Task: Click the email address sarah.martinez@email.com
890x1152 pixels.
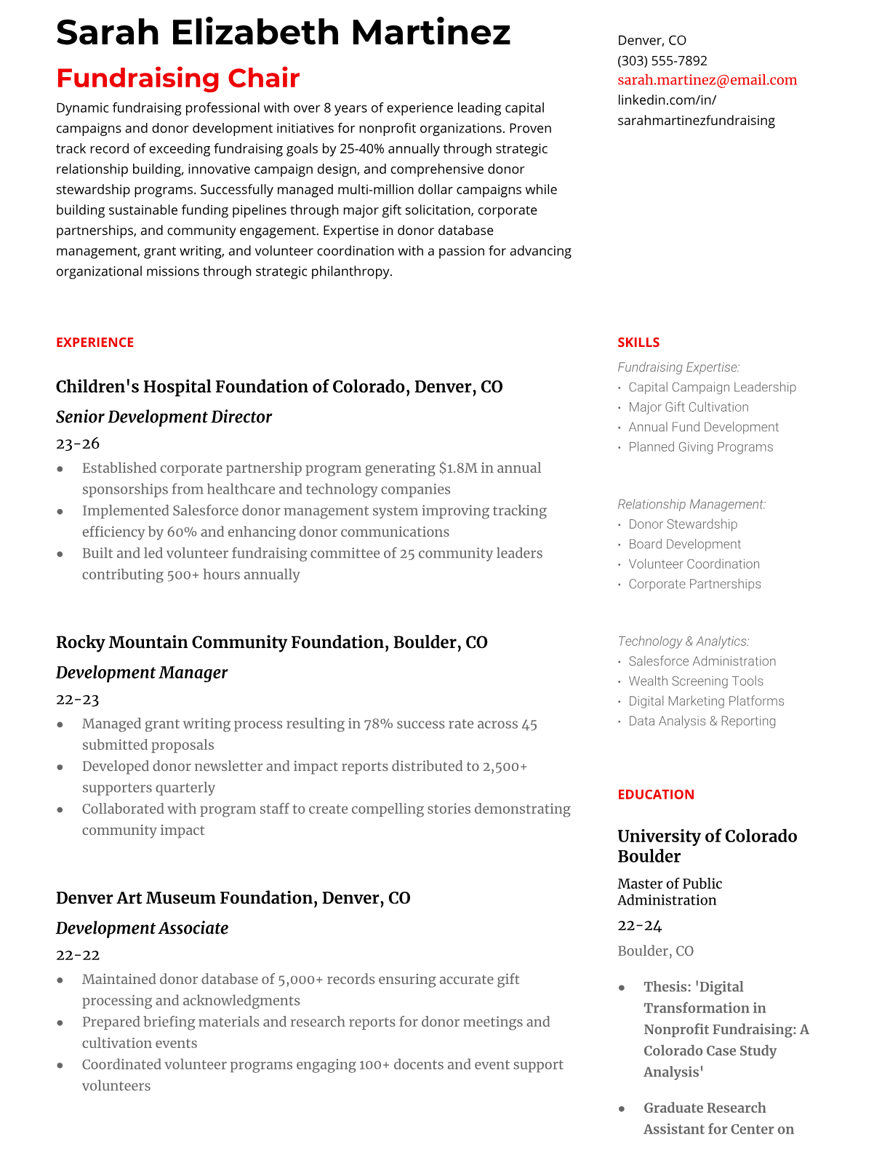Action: click(707, 80)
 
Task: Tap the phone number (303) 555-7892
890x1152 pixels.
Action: click(662, 60)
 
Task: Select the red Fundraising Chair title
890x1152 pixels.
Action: click(177, 78)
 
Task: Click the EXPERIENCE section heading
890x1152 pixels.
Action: click(95, 343)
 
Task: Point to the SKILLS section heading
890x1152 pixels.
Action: click(638, 343)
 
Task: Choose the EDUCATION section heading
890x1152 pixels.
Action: click(655, 795)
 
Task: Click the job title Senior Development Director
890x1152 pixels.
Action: click(164, 417)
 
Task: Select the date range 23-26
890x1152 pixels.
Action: click(78, 444)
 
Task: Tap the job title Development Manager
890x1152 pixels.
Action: click(142, 673)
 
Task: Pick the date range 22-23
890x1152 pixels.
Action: click(78, 700)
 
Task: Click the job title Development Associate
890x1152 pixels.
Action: click(142, 928)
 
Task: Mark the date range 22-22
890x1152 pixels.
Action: click(78, 955)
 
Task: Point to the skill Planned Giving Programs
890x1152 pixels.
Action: click(700, 447)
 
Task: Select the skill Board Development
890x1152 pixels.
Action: click(684, 544)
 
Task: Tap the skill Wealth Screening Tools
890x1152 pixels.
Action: click(695, 681)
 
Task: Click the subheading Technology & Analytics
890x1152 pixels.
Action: click(683, 641)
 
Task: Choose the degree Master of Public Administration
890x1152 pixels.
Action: click(669, 892)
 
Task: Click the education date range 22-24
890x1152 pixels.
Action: click(640, 926)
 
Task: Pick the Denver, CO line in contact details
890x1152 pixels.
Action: click(652, 41)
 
